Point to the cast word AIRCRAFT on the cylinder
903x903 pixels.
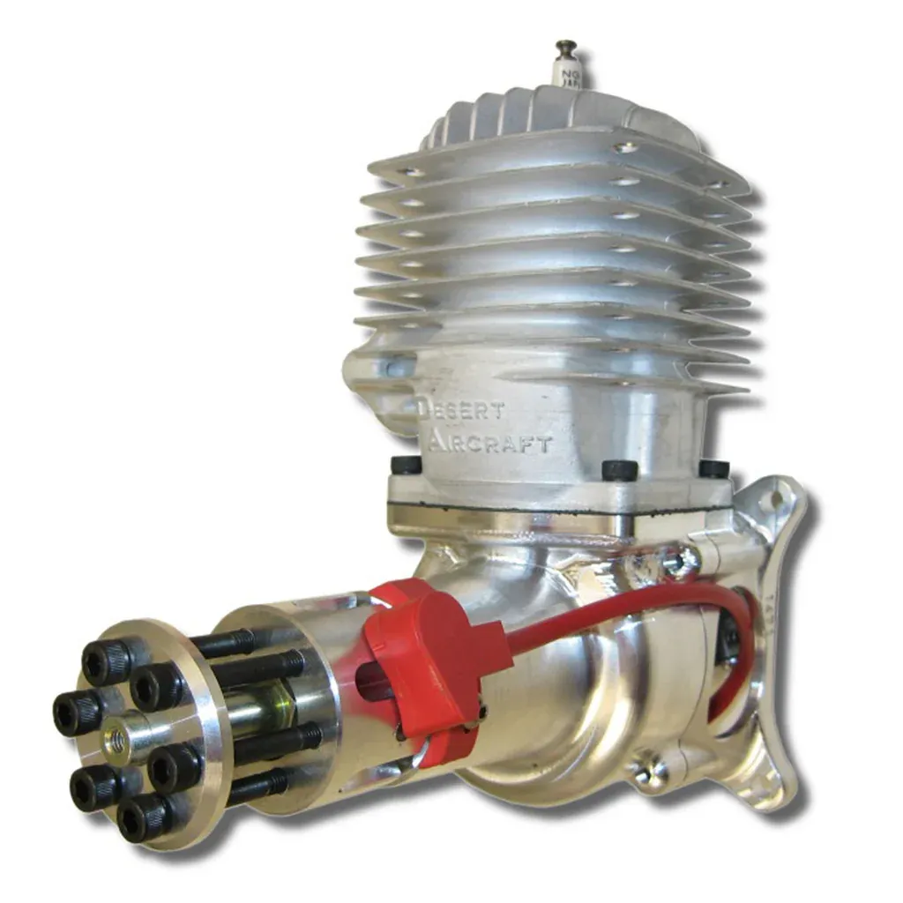490,442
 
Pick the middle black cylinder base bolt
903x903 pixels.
619,469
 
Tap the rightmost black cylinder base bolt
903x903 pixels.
713,468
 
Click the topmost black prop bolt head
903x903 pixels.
103,660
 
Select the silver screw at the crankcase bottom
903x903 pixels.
649,770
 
